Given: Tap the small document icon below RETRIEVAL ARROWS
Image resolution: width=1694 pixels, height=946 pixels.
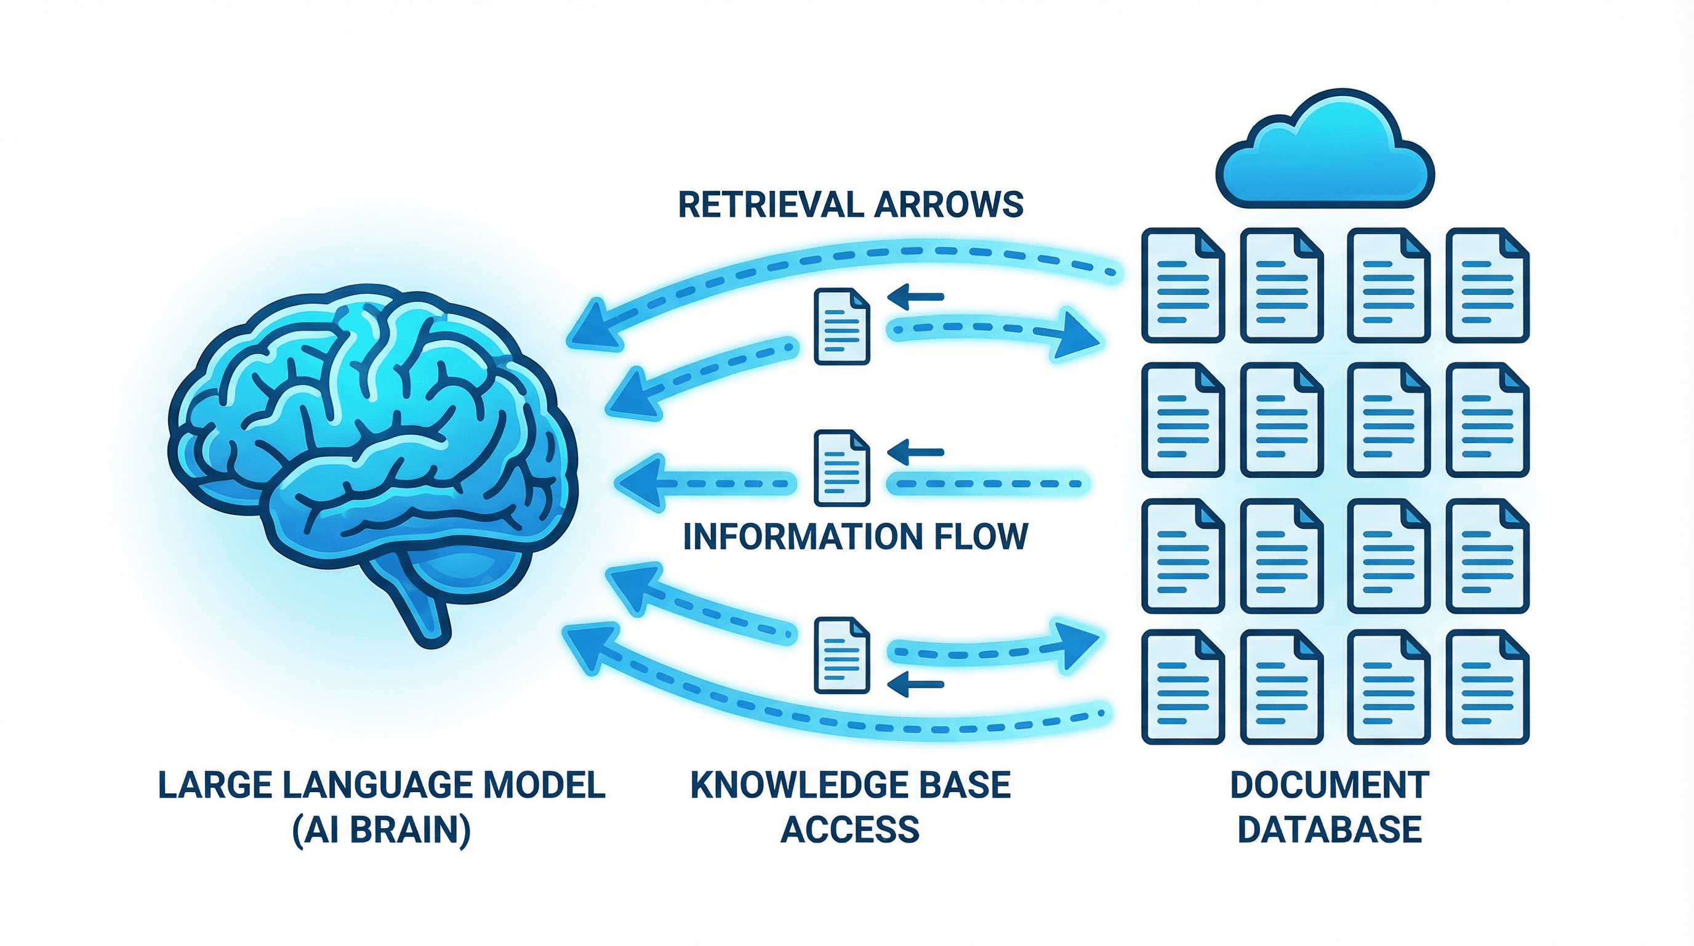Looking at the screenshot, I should point(841,326).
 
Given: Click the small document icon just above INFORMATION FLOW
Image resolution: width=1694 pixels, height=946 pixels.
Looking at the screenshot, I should point(841,467).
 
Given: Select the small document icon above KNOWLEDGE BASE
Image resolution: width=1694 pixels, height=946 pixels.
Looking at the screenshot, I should point(841,655).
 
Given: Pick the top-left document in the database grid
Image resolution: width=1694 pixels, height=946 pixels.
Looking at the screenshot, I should point(1182,285).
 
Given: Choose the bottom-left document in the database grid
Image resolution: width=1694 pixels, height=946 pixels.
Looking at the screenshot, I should point(1182,687).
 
